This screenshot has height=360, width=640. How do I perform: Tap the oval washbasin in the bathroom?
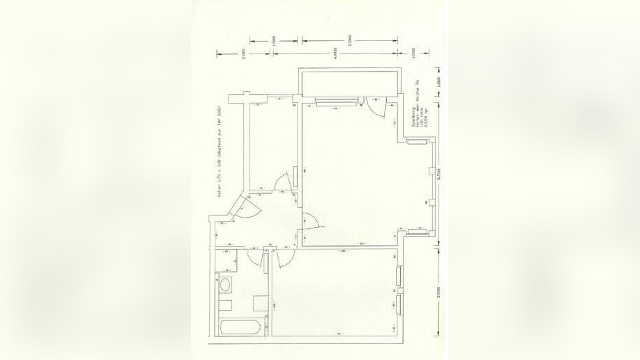(225, 286)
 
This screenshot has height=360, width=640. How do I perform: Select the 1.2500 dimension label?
(438, 82)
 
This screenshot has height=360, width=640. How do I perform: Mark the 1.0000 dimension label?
(274, 40)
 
